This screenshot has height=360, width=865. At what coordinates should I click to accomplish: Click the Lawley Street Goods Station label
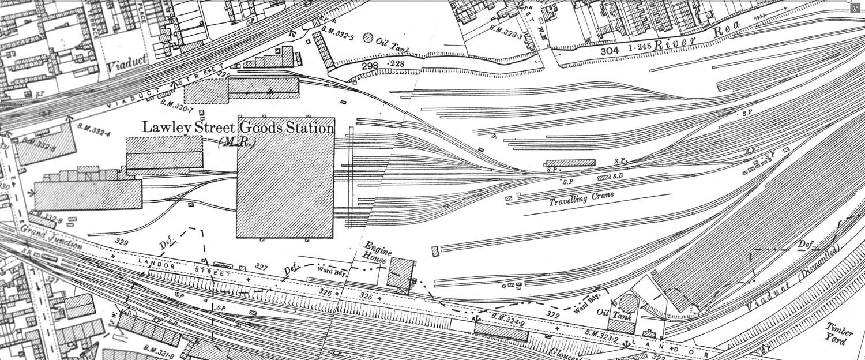tap(238, 127)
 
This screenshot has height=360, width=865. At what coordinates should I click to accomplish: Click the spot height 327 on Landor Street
tap(262, 267)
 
